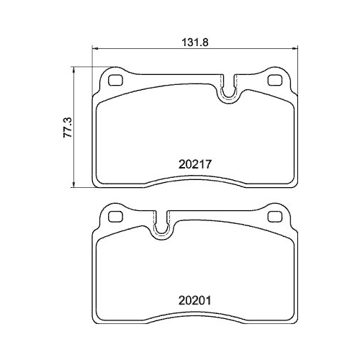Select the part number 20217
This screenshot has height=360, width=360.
click(x=195, y=163)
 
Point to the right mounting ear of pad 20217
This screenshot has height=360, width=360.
click(x=275, y=77)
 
